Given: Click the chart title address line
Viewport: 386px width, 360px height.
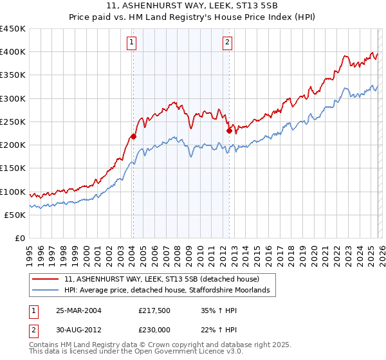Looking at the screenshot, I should (x=193, y=6).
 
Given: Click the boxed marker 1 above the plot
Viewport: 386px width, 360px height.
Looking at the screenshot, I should (x=132, y=43).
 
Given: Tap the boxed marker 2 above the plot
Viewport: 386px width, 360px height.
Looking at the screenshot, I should (x=228, y=43).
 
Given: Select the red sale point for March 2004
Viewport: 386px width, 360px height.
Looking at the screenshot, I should (x=133, y=136).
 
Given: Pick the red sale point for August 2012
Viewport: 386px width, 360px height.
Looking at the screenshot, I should (x=229, y=130).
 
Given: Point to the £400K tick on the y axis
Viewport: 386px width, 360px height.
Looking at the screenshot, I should (x=13, y=52).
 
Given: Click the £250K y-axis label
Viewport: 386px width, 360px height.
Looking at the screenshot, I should (x=13, y=122).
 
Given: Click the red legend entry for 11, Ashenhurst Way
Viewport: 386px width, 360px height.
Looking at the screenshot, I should (x=161, y=280).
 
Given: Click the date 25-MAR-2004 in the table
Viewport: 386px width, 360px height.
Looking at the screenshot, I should (x=78, y=310).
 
